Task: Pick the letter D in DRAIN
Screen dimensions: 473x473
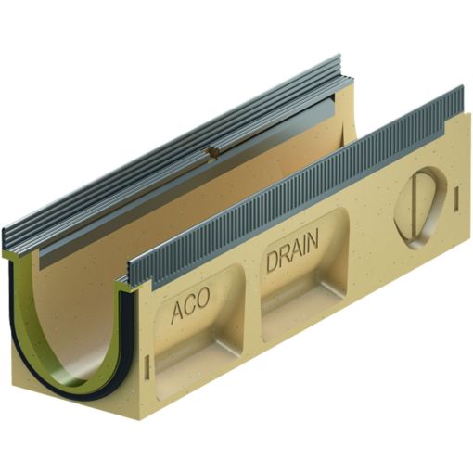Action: (272, 261)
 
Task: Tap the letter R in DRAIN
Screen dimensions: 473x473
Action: (284, 256)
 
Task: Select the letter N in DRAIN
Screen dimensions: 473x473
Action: (313, 242)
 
